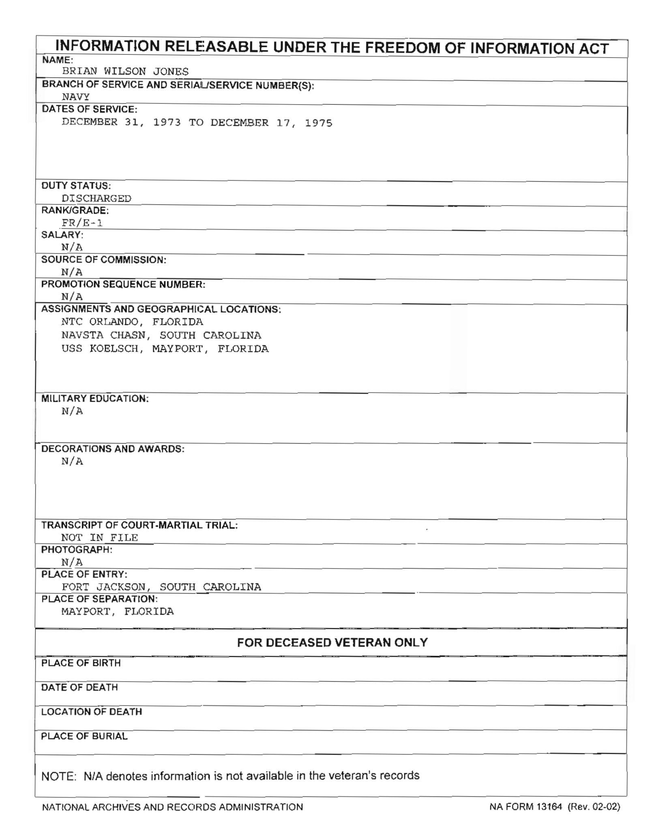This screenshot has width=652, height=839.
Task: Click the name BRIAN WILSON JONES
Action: [125, 71]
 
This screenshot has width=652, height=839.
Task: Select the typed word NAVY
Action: [75, 97]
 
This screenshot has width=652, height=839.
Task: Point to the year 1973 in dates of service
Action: [167, 122]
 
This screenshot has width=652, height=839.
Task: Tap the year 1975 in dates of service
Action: [318, 123]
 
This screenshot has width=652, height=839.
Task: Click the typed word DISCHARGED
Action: [97, 198]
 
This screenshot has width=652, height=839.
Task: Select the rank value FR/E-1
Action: [82, 223]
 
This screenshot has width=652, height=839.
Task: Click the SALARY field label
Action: [62, 235]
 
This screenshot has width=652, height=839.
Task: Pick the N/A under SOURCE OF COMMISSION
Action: [72, 272]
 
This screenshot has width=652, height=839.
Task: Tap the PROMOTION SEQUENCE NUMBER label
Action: [123, 284]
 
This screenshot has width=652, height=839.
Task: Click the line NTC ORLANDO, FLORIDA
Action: [132, 322]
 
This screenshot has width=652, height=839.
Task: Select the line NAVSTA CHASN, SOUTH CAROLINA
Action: [161, 335]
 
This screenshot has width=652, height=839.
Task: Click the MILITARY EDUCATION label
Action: [95, 399]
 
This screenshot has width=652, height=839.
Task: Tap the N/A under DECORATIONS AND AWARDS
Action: [72, 461]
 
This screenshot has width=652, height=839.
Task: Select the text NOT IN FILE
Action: [99, 538]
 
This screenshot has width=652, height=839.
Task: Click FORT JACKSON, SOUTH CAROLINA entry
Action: [161, 587]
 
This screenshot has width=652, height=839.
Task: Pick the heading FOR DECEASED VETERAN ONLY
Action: [332, 642]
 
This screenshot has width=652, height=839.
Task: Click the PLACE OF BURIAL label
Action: [84, 736]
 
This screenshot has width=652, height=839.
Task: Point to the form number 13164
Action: [549, 807]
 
